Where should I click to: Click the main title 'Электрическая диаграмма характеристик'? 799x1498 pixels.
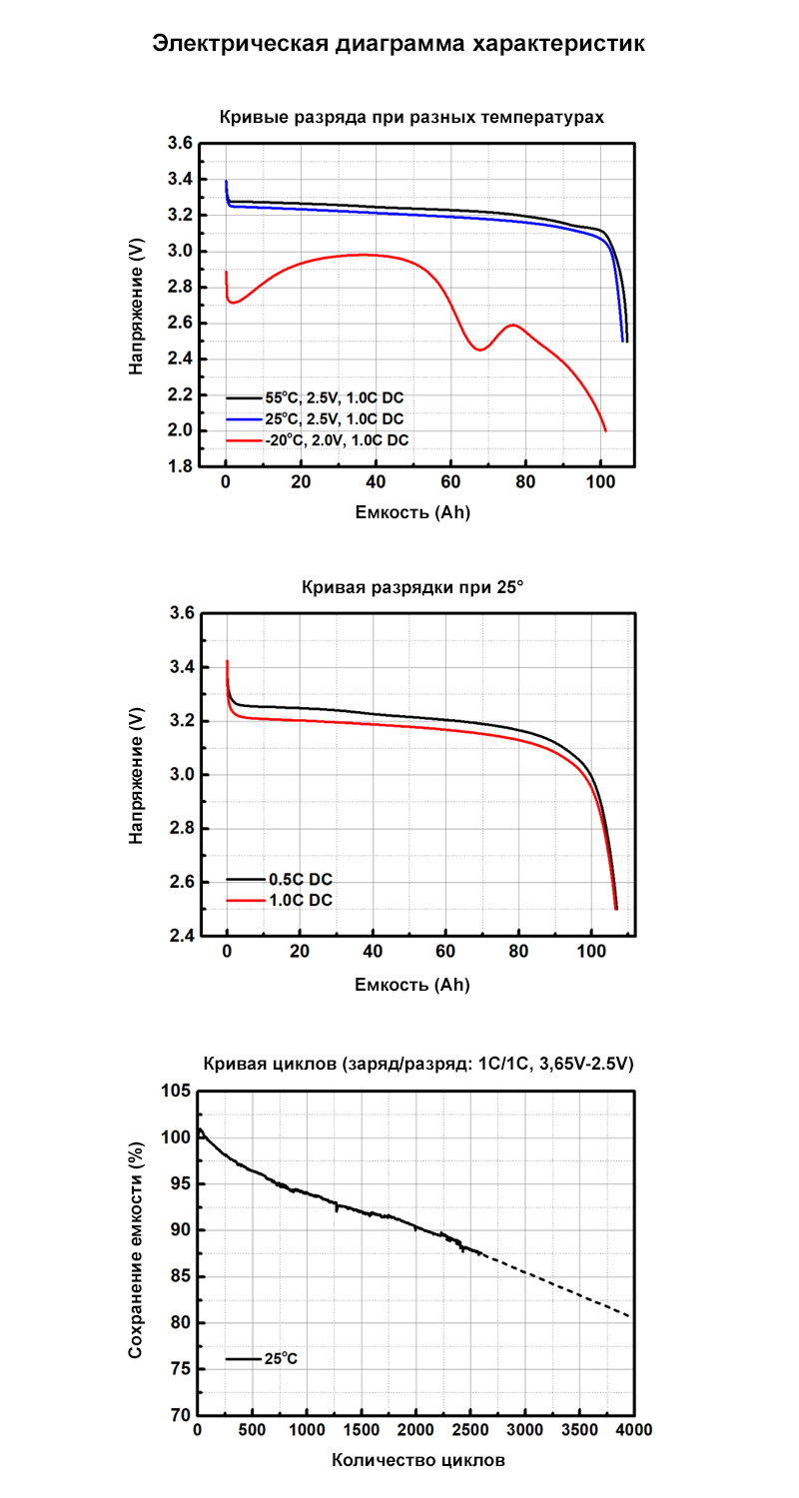click(x=399, y=44)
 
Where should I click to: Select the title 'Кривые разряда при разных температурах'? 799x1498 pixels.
click(x=411, y=117)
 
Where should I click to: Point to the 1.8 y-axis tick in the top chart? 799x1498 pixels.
click(x=180, y=466)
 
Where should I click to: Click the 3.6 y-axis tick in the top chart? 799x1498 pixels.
click(x=180, y=144)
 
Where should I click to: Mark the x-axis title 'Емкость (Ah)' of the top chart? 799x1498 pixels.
click(x=411, y=513)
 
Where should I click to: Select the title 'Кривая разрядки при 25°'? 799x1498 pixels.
click(x=411, y=587)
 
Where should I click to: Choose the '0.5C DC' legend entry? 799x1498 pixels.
click(x=300, y=880)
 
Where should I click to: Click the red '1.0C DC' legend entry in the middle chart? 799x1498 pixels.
click(x=300, y=900)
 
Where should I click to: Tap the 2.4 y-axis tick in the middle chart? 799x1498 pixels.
click(x=180, y=937)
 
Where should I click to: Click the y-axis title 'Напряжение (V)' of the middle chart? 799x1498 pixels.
click(x=137, y=776)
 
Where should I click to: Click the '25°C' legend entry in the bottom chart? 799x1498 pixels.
click(x=281, y=1359)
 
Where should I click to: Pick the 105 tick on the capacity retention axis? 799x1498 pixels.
click(x=177, y=1092)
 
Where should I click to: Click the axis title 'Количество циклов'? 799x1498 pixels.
click(x=418, y=1460)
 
